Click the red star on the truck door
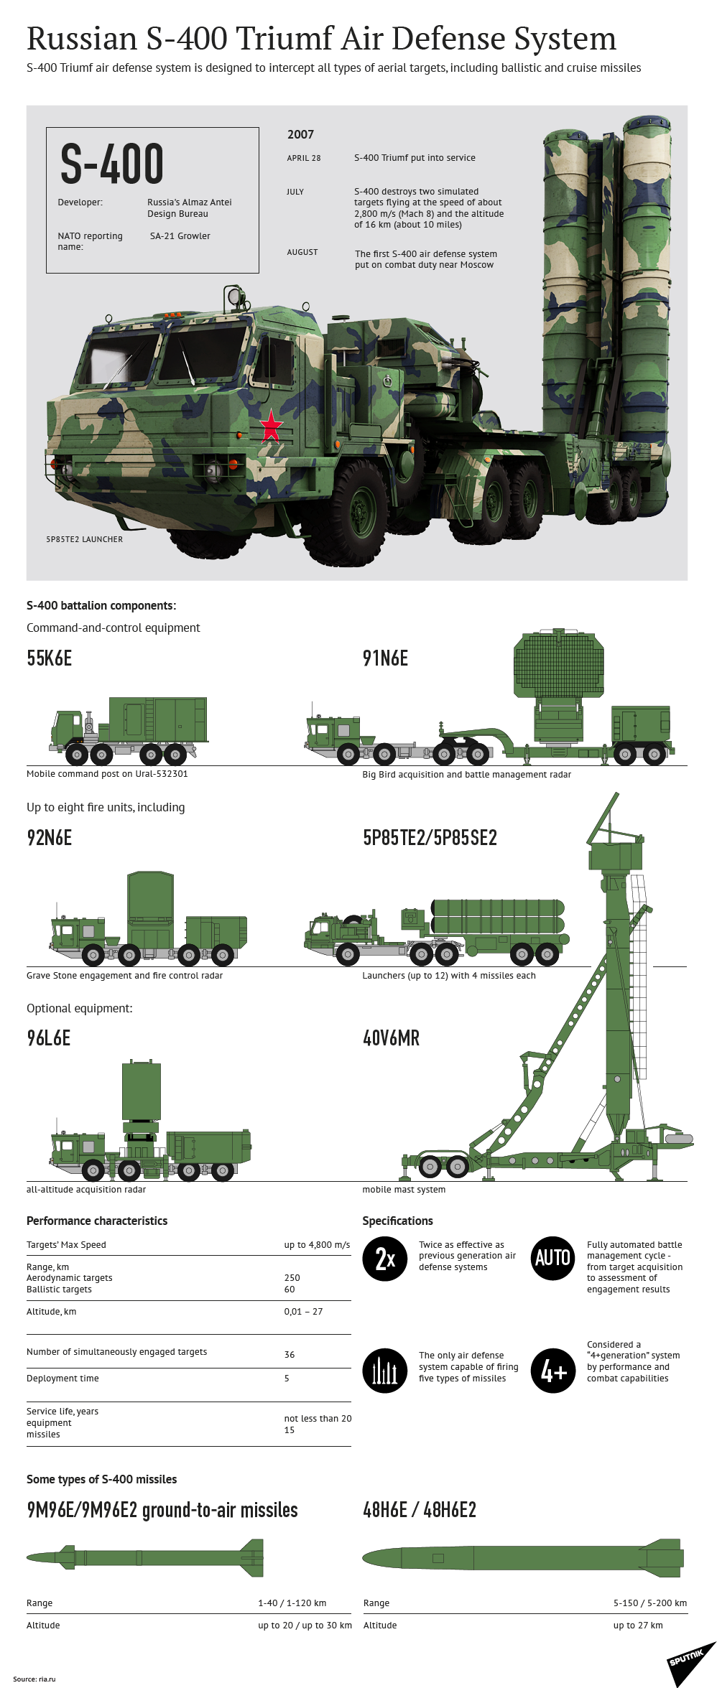271,425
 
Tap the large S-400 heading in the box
112,164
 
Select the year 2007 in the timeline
300,134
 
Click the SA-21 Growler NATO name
180,236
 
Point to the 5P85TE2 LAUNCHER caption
84,539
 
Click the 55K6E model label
49,658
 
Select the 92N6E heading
49,838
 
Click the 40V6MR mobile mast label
391,1038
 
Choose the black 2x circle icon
385,1259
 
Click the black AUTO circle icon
552,1258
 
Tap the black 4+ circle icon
552,1371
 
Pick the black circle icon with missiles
385,1371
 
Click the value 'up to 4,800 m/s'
317,1245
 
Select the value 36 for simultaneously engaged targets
290,1355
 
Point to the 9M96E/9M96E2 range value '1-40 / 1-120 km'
292,1603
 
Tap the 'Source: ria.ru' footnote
34,1679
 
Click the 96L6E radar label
48,1038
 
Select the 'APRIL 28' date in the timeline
304,158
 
